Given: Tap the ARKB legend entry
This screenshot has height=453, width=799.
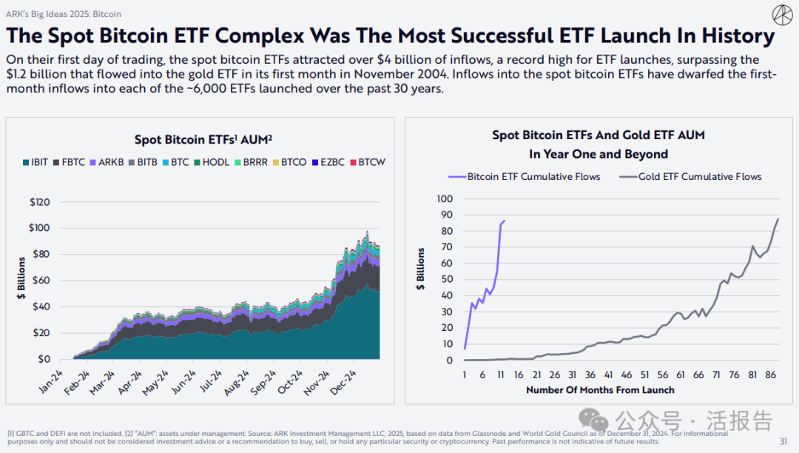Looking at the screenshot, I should [x=109, y=161].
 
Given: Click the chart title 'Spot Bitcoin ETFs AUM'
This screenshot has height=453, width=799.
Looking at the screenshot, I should [x=199, y=139].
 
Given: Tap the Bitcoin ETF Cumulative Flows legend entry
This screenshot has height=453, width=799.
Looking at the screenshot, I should [x=524, y=176].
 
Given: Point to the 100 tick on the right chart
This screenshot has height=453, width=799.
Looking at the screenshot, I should [x=444, y=198].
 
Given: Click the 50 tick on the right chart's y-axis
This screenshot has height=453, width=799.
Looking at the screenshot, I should [x=446, y=279].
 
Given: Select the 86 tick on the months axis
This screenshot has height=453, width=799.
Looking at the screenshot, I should [x=770, y=375].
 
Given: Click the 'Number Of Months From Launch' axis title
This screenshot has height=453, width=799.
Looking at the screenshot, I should [x=600, y=390].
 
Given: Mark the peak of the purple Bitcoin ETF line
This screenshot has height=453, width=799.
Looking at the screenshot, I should [x=505, y=221].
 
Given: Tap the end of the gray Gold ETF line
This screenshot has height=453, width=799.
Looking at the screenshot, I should [x=778, y=219].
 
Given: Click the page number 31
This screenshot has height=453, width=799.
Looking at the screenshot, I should [x=784, y=441].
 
